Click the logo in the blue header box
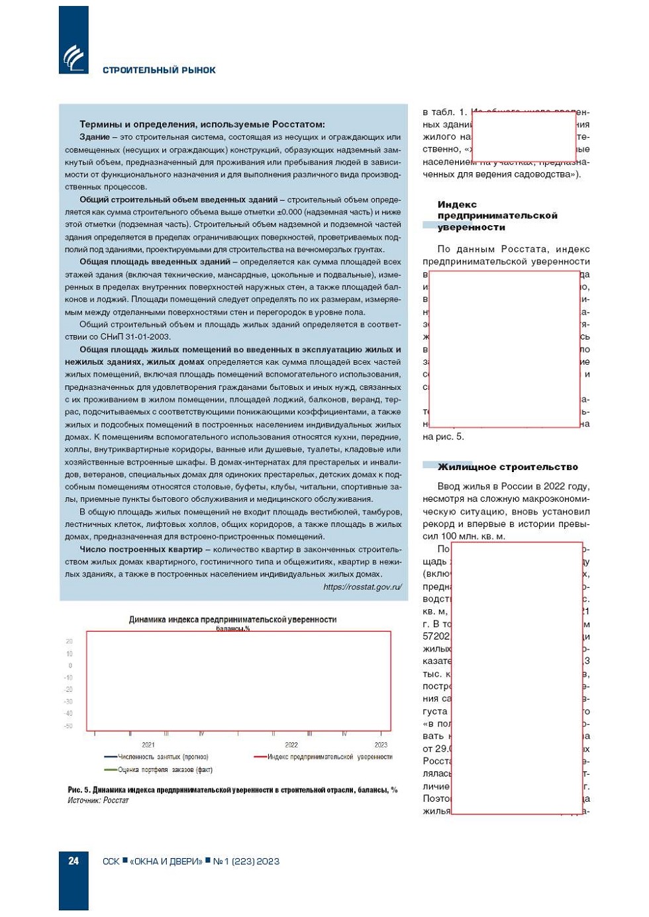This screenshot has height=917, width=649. pos(74,58)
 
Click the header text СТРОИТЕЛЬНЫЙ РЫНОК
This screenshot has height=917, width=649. pos(159,70)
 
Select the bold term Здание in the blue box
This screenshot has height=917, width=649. pos(95,137)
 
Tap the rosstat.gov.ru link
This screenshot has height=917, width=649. pos(362,587)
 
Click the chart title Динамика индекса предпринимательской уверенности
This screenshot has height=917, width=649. pos(232,620)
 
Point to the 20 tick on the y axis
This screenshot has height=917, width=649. pos(70,642)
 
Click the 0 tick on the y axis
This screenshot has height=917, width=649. pos(70,665)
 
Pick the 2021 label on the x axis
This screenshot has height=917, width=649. pos(148,745)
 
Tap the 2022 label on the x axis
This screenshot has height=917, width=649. pos(291,745)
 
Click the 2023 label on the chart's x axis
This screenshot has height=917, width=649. pos(381,745)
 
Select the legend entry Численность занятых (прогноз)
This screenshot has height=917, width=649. pos(162,757)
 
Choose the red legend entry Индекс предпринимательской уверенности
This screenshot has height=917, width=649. pos(329,757)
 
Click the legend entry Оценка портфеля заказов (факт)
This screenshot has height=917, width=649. pos(165,770)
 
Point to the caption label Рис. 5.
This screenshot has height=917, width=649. pos(79,790)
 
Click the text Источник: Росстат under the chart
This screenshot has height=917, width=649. pos(98,800)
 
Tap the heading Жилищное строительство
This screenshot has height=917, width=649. pos(507,467)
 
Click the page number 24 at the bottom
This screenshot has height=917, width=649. pos(74,861)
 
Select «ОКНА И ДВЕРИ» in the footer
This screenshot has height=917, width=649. pos(166,861)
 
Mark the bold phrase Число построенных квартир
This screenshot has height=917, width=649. pos(141,550)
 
